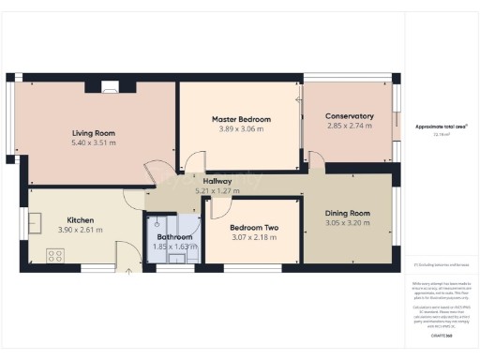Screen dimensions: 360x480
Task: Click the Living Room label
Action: [x=94, y=132]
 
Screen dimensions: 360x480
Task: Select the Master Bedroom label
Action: [x=241, y=119]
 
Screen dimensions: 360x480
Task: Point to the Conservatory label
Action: [x=351, y=116]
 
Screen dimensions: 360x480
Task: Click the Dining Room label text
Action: [x=347, y=214]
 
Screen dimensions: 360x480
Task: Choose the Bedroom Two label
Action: [x=252, y=228]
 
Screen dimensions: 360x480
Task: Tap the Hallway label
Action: [x=217, y=181]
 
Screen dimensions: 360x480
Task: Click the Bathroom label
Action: [x=174, y=237]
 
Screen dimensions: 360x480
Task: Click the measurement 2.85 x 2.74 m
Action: [x=351, y=126]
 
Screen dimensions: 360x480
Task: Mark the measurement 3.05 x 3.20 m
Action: [x=347, y=224]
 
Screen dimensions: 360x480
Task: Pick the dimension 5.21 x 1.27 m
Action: [x=217, y=190]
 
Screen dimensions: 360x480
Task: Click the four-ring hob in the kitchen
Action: [x=54, y=254]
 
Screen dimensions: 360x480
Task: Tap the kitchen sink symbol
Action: [x=35, y=223]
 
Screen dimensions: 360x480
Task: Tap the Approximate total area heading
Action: [x=442, y=126]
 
